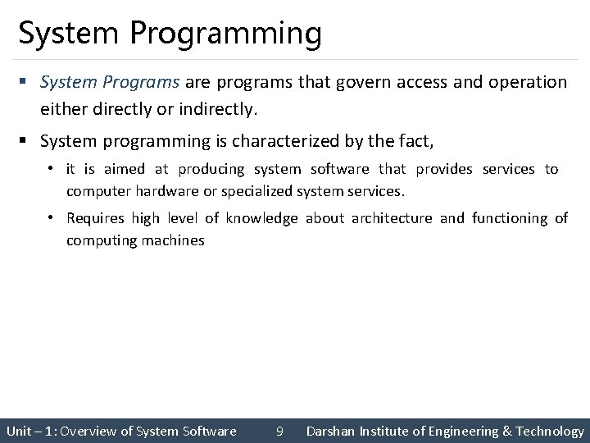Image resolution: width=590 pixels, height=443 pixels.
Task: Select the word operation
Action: tap(526, 83)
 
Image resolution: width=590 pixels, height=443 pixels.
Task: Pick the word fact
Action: tap(413, 142)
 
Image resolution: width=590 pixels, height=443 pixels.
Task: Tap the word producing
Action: tap(212, 169)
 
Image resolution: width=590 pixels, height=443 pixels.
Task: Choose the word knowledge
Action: tap(263, 218)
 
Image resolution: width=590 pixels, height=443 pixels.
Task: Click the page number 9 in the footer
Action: tap(280, 431)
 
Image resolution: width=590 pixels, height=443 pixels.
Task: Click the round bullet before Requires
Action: tap(51, 218)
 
